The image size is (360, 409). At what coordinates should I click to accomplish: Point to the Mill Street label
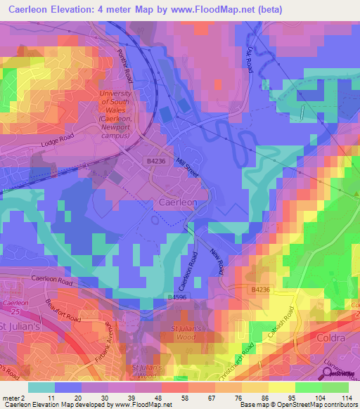click(188, 168)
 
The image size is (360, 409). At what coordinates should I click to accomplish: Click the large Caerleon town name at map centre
click(179, 202)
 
